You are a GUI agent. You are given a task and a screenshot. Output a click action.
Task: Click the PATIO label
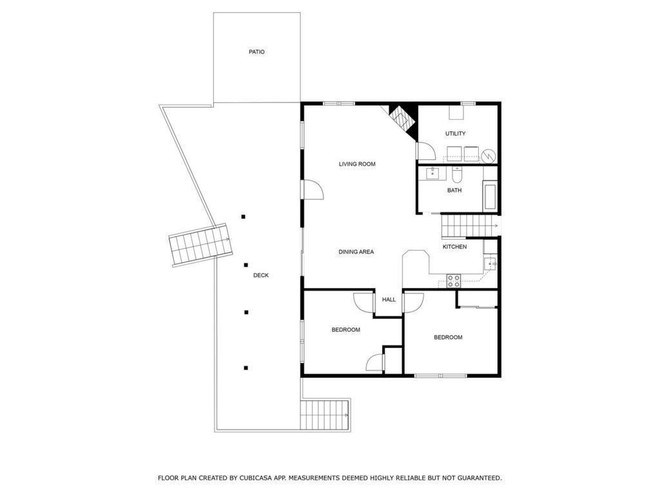pyautogui.click(x=257, y=52)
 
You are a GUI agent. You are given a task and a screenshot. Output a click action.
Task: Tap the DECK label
pyautogui.click(x=261, y=275)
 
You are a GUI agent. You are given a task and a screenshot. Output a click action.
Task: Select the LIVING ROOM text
pyautogui.click(x=357, y=164)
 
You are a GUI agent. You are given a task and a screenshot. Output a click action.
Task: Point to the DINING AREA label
pyautogui.click(x=356, y=252)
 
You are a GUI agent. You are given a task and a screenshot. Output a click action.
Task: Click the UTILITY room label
pyautogui.click(x=456, y=133)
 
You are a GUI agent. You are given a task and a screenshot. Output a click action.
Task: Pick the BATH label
pyautogui.click(x=454, y=190)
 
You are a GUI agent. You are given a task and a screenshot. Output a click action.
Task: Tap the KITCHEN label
pyautogui.click(x=454, y=247)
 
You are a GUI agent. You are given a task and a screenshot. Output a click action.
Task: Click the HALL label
pyautogui.click(x=389, y=300)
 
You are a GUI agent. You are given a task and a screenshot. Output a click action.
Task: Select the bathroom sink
pyautogui.click(x=432, y=173)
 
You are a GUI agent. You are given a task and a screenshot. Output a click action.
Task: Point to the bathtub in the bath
pyautogui.click(x=490, y=195)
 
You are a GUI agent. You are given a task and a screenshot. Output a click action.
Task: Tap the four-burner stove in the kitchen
pyautogui.click(x=453, y=281)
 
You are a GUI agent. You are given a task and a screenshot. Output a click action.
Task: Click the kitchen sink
pyautogui.click(x=490, y=264)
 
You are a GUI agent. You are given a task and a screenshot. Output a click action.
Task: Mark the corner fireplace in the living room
pyautogui.click(x=403, y=121)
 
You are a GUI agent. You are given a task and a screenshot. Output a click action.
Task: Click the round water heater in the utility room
pyautogui.click(x=489, y=156)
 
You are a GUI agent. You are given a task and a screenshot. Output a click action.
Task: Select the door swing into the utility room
pyautogui.click(x=425, y=151)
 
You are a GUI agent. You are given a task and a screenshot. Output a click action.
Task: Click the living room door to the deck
pyautogui.click(x=313, y=190)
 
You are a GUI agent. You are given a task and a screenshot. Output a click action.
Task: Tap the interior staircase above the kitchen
pyautogui.click(x=468, y=226)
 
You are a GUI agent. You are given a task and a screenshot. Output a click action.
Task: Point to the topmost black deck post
pyautogui.click(x=243, y=217)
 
